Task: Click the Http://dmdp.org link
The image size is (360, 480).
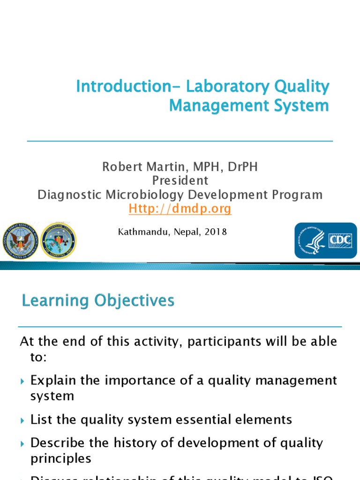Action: pos(180,209)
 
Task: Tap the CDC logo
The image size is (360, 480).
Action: pos(325,240)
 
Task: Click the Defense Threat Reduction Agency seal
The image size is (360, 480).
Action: pos(20,240)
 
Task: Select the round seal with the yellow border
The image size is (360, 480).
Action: pos(58,240)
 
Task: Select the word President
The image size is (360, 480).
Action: pos(180,180)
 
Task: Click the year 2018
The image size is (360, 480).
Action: pos(217,232)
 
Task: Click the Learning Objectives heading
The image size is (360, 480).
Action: pos(98,300)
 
